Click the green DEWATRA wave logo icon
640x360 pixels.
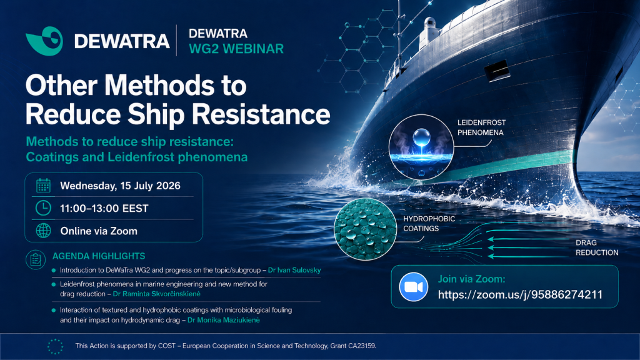coord(44,41)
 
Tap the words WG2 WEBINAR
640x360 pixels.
coord(236,49)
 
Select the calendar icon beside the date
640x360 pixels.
coord(43,186)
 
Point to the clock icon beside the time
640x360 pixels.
coord(43,208)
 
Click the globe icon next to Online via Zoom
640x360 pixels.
coord(43,231)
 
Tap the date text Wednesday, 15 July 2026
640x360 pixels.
coord(121,186)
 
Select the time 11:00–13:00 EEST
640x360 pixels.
coord(104,209)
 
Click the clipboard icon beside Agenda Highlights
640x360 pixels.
coord(36,259)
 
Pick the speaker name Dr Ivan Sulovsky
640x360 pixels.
coord(294,270)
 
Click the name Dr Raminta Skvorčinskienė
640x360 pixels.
coord(157,294)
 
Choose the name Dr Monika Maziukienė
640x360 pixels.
coord(224,320)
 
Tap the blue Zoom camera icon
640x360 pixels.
coord(414,287)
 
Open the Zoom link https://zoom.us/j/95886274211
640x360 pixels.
coord(521,295)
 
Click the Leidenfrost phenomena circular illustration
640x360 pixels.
coord(421,147)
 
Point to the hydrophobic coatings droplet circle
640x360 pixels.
coord(365,229)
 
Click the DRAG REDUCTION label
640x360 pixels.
coord(597,247)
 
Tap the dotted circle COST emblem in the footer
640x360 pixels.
coord(56,346)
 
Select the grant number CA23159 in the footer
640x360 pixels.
coord(362,346)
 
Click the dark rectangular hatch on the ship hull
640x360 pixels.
coord(497,70)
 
